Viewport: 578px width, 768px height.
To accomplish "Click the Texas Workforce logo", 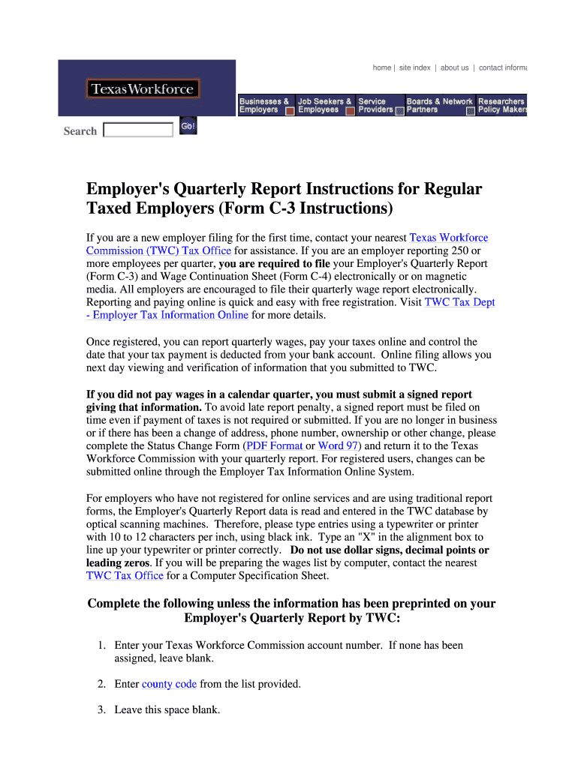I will pos(143,89).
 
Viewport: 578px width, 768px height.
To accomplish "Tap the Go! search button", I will pos(188,127).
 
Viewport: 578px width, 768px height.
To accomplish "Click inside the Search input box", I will pos(138,130).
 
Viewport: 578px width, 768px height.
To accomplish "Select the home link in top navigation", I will pos(381,67).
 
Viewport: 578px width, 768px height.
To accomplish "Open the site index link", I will pos(414,67).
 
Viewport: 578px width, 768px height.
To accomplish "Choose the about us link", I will pos(454,67).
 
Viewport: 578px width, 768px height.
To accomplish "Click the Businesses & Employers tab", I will pos(264,106).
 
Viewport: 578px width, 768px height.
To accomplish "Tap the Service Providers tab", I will pos(375,106).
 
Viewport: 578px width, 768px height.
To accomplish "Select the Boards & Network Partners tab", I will pos(439,106).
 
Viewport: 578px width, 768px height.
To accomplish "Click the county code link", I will pos(169,684).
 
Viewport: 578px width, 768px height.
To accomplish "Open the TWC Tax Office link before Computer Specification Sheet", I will pos(125,576).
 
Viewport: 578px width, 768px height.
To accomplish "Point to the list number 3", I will pos(101,709).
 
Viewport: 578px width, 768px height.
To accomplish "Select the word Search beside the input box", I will pos(80,131).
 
